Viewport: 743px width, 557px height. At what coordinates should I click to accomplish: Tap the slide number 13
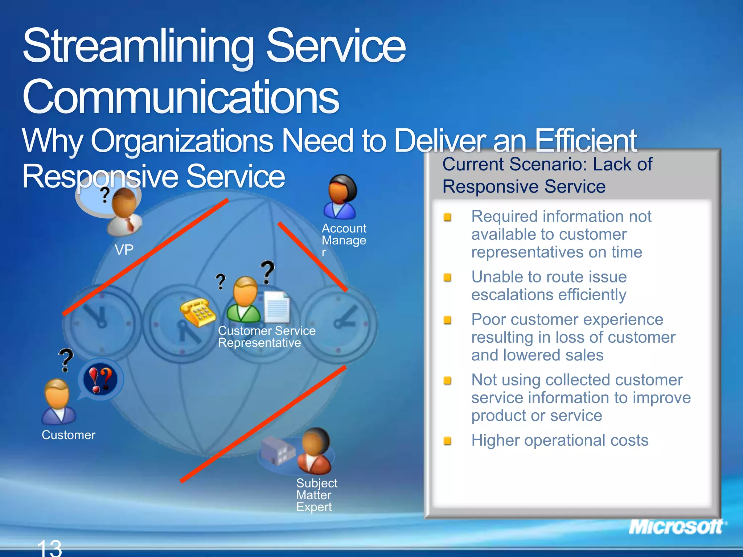click(x=50, y=548)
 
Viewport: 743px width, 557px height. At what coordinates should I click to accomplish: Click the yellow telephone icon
click(x=198, y=312)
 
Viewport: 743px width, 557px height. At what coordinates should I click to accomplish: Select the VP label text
click(x=124, y=250)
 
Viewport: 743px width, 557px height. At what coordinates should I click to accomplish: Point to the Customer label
click(x=69, y=435)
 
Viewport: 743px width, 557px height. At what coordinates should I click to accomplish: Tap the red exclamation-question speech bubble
click(x=100, y=379)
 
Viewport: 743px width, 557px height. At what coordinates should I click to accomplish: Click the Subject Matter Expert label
click(x=316, y=495)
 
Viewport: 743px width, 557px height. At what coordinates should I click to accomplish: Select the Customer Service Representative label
click(x=266, y=337)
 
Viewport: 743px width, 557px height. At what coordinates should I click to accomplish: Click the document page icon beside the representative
click(x=277, y=308)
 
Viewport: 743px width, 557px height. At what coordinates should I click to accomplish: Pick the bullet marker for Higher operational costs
click(x=448, y=441)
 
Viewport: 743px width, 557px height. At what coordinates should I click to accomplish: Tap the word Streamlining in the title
click(x=138, y=47)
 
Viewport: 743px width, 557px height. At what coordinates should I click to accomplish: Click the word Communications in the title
click(x=180, y=97)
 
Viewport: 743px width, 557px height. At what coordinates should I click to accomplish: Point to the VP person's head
click(x=124, y=203)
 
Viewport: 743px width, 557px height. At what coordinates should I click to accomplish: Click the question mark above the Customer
click(x=66, y=359)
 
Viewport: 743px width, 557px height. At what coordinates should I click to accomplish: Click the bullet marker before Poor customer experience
click(x=448, y=320)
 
